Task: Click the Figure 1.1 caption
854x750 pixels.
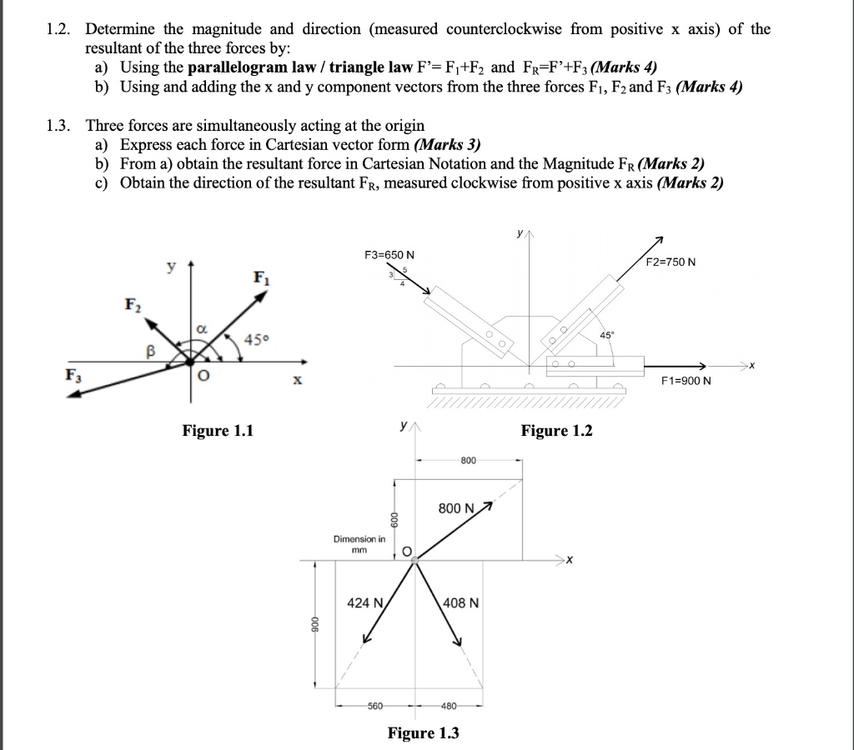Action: (218, 431)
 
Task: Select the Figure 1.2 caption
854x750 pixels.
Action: (556, 431)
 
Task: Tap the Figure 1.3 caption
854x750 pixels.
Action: (423, 733)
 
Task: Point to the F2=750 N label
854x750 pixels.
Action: (671, 262)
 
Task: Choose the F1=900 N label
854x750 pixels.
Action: (686, 381)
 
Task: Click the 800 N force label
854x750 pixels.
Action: (456, 508)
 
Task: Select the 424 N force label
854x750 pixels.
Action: (364, 602)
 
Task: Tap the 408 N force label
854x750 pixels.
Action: (460, 602)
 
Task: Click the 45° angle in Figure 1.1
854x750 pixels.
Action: (257, 338)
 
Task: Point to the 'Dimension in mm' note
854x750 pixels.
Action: (359, 544)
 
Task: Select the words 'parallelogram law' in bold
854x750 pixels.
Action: (242, 67)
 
